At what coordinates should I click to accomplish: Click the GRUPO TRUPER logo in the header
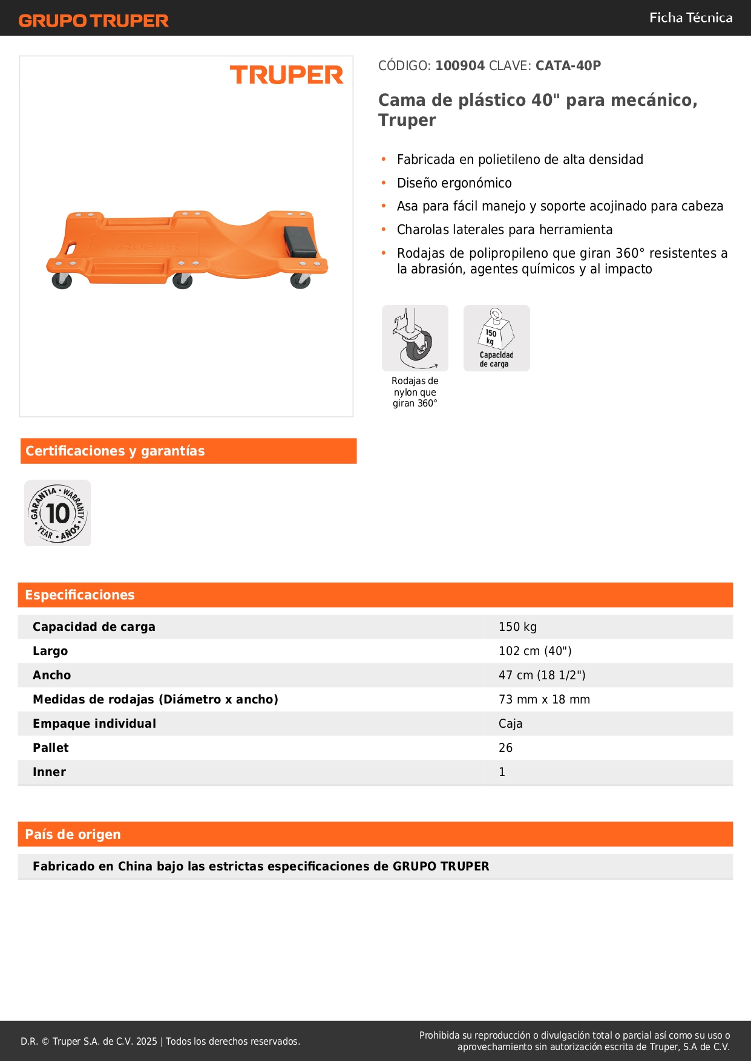click(x=93, y=21)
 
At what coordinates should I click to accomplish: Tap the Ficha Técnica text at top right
click(x=690, y=18)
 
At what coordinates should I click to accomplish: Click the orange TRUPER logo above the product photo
click(x=286, y=75)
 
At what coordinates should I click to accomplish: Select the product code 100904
click(x=460, y=66)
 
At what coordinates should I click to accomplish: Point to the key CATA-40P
click(x=568, y=66)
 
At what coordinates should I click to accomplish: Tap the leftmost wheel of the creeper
click(x=62, y=281)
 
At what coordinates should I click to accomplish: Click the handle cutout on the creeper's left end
click(x=71, y=248)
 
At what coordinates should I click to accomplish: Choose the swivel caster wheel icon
click(x=415, y=338)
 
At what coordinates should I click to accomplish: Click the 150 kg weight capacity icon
click(x=497, y=338)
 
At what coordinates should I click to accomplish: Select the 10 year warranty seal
click(x=57, y=514)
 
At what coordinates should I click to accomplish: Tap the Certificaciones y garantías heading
click(x=115, y=451)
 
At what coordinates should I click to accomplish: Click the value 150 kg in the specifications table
click(x=517, y=627)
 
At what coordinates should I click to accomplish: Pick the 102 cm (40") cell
click(x=535, y=651)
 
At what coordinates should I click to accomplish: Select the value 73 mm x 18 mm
click(x=544, y=700)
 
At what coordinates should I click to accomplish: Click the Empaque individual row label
click(x=94, y=724)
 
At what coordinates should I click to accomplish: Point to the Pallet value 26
click(x=505, y=748)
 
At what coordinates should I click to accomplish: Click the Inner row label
click(x=49, y=772)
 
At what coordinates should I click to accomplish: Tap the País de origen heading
click(x=73, y=835)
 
